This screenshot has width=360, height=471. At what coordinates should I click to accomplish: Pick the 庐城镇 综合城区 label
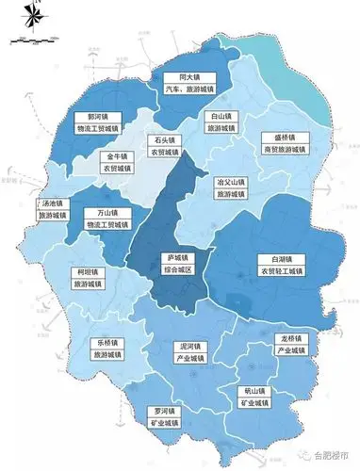point(172,264)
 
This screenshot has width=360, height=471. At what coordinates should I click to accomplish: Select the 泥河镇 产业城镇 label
point(191,352)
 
